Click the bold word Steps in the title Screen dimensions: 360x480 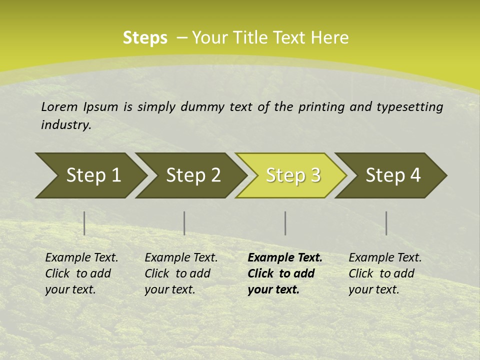click(145, 38)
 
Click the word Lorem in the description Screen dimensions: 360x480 click(59, 106)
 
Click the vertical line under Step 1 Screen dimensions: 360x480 click(84, 223)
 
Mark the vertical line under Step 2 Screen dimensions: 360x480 click(184, 223)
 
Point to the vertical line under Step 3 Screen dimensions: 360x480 click(285, 223)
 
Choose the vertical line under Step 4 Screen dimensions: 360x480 click(386, 223)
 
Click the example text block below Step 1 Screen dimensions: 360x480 click(81, 273)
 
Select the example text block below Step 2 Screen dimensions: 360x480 click(181, 273)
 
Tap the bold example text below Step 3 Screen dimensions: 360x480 click(284, 273)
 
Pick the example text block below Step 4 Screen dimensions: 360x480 click(385, 273)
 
